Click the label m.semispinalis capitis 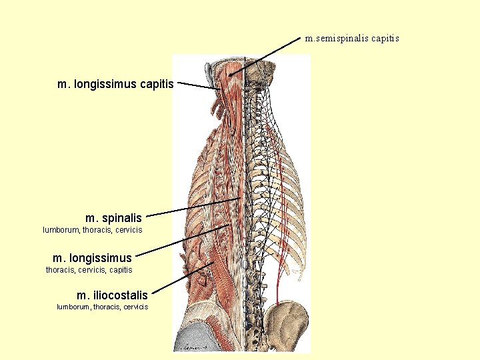coord(352,38)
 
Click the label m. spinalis coord(114,217)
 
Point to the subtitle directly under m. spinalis coord(93,230)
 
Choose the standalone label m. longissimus coord(93,257)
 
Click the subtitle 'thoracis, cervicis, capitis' coord(89,270)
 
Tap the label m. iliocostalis coord(112,295)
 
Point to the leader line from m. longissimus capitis coord(198,86)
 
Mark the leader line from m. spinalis coord(193,207)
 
